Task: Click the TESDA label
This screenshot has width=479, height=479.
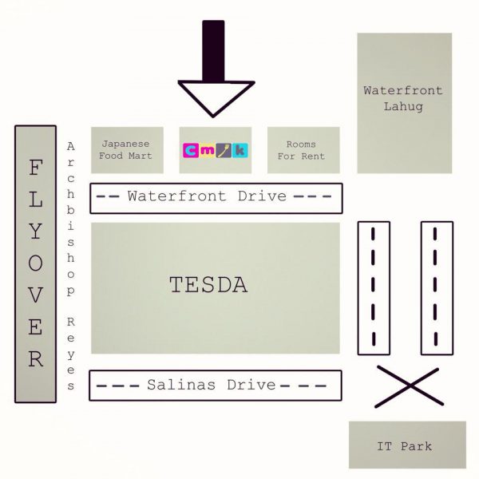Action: click(x=208, y=283)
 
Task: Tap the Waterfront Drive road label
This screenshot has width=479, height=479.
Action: click(x=207, y=196)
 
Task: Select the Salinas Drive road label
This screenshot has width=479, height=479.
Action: click(x=212, y=385)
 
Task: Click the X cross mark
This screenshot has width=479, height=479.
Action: click(x=408, y=386)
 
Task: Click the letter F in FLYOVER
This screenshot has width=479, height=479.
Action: click(x=36, y=169)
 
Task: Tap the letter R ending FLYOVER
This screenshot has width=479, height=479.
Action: click(x=36, y=359)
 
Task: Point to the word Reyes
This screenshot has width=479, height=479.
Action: click(x=71, y=352)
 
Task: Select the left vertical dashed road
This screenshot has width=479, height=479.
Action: click(x=373, y=287)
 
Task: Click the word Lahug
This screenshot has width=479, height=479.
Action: click(x=403, y=105)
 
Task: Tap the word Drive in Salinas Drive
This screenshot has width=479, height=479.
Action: click(x=251, y=385)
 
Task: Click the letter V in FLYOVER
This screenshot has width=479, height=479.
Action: click(x=36, y=295)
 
